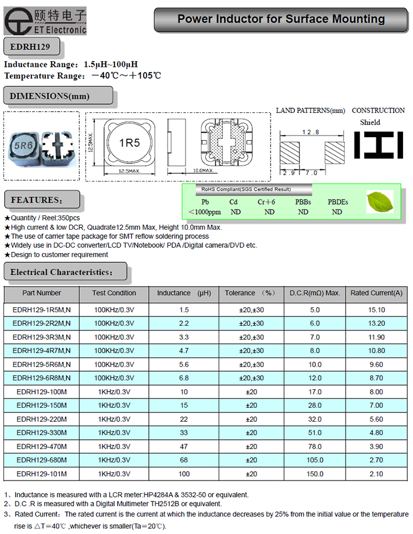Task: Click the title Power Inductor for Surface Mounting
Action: (x=281, y=19)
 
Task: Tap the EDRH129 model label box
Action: (x=29, y=46)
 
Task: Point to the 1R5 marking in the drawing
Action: (x=129, y=143)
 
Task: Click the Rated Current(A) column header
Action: (x=376, y=293)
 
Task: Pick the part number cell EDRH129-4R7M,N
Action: (x=42, y=351)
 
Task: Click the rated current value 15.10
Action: (x=376, y=311)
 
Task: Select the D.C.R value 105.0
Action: (x=315, y=460)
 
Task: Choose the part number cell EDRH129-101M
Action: (x=42, y=474)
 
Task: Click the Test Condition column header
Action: (x=114, y=293)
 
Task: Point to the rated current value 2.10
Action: (x=376, y=474)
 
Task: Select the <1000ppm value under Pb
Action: (x=204, y=212)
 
